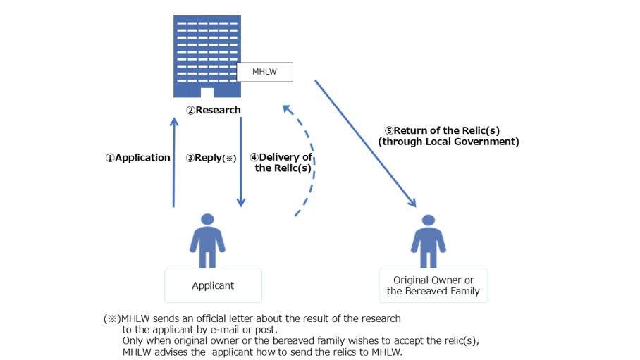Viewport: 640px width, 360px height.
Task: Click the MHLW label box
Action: (264, 73)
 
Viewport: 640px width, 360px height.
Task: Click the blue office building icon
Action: (207, 56)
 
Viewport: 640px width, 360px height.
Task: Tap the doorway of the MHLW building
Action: (207, 93)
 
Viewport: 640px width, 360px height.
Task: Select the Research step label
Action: (214, 110)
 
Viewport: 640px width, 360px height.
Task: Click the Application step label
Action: (138, 158)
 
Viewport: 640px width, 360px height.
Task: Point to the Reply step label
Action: (211, 158)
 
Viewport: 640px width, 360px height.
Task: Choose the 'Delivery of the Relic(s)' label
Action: (281, 163)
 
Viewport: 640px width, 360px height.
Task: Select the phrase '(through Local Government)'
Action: (448, 142)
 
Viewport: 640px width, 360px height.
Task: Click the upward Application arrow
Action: (174, 163)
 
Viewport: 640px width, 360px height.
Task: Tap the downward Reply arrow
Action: (241, 162)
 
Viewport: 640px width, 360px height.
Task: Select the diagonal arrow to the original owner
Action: (365, 144)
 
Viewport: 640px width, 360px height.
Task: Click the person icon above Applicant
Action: (207, 240)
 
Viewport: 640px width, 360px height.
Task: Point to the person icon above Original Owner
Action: (428, 241)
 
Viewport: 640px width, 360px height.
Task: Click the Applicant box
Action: (213, 285)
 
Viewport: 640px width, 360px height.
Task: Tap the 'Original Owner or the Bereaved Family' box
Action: (433, 285)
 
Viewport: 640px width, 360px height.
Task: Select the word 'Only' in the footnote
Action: (133, 341)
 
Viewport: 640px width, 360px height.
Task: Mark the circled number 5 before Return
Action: (389, 131)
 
